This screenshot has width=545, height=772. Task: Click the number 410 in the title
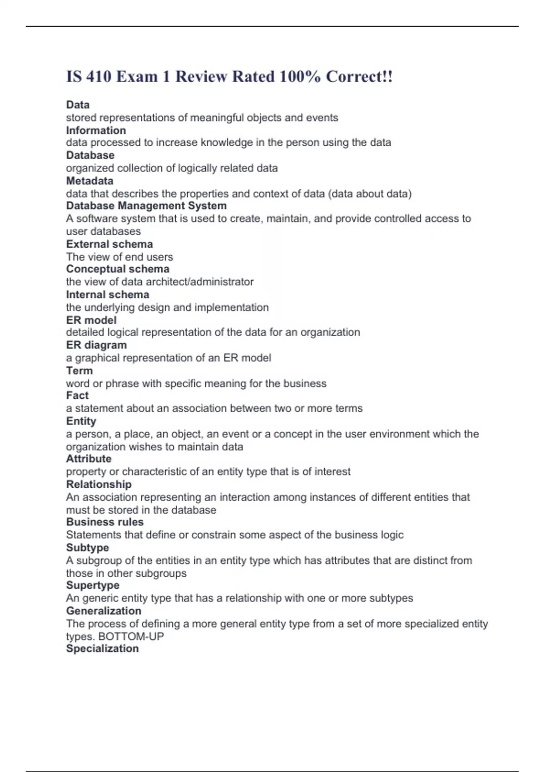pos(99,77)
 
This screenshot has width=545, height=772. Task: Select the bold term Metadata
pos(89,181)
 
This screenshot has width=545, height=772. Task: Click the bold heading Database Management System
pos(146,206)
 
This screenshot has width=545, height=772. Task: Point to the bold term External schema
pos(109,244)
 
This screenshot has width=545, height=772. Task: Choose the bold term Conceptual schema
pos(118,269)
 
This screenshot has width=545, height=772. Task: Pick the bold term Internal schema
pos(108,294)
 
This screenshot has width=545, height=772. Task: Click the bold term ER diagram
pos(96,345)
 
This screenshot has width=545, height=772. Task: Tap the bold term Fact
pos(77,396)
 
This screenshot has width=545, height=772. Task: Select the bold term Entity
pos(81,421)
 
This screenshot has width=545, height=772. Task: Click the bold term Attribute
pos(89,459)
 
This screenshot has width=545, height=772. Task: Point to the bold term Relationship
pos(99,484)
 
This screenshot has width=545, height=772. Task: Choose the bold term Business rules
pos(104,522)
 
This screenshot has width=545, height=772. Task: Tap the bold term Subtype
pos(87,547)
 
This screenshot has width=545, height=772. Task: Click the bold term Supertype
pos(93,585)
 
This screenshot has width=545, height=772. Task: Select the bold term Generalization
pos(104,611)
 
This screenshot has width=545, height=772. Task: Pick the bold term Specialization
pos(102,648)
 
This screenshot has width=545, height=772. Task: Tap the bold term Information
pos(96,130)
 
